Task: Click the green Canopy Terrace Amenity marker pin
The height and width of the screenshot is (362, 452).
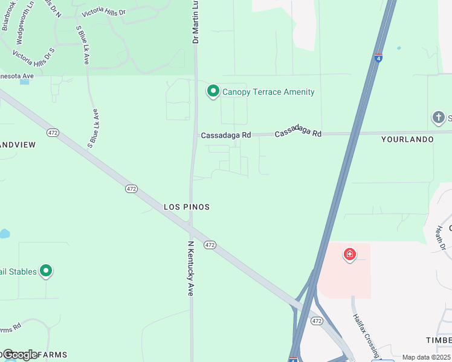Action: click(213, 91)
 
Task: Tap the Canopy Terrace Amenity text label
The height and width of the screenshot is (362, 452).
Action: click(268, 92)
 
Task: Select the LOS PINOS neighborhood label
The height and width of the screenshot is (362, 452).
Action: click(187, 207)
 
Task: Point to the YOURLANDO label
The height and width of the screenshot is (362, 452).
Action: click(407, 139)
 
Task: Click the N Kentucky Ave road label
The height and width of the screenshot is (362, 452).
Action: click(190, 268)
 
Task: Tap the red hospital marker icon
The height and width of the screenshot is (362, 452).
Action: click(349, 255)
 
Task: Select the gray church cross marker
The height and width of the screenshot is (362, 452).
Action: click(439, 117)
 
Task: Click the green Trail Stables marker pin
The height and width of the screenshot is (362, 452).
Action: click(45, 271)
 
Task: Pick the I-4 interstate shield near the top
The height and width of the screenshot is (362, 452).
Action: click(378, 58)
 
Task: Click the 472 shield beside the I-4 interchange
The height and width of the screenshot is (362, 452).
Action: click(317, 321)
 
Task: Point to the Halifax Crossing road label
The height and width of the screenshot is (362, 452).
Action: click(366, 335)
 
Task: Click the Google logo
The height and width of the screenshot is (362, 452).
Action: click(20, 354)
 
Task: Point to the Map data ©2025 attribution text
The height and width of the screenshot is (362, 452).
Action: click(426, 357)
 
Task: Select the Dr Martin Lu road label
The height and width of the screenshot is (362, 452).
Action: click(195, 22)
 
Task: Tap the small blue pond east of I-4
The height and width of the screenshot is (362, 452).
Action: click(399, 48)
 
